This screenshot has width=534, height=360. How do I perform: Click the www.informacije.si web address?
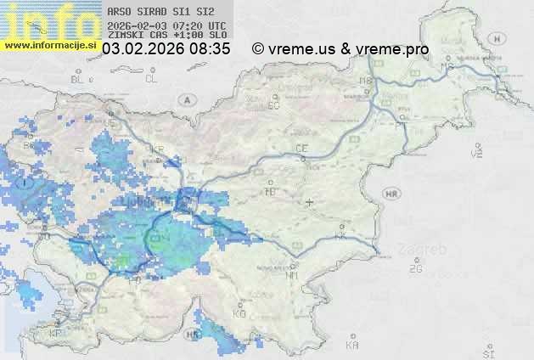tap(50, 45)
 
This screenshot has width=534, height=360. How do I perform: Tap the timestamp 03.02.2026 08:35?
tap(166, 49)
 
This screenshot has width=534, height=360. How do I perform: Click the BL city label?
tap(78, 79)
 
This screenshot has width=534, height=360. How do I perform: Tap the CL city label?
tap(152, 78)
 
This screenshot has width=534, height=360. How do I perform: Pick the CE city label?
tap(301, 149)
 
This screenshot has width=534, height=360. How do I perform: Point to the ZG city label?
tap(415, 269)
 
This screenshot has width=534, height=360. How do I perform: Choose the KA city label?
tap(352, 346)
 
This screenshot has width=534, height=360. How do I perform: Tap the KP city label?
tap(56, 334)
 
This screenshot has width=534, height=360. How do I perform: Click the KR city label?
tap(156, 149)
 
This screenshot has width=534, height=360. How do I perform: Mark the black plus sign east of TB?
tap(309, 202)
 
